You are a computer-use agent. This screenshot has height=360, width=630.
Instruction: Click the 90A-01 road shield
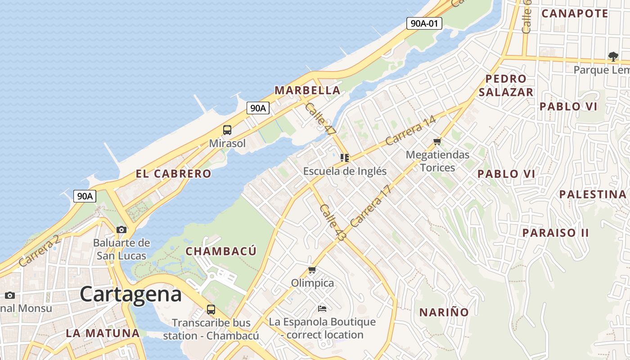pos(424,23)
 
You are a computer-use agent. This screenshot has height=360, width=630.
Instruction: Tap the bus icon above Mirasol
pos(227,130)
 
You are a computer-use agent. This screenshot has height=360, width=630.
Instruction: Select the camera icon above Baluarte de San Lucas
pos(121,229)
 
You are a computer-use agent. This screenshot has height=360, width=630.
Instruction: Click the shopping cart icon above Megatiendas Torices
pos(437,142)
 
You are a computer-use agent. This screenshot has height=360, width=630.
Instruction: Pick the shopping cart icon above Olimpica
pos(312,270)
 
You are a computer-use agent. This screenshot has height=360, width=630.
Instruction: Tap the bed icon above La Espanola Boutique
pos(322,308)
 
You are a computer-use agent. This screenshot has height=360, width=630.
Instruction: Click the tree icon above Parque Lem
pos(613,56)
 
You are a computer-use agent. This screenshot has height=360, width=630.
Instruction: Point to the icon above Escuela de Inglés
pos(345,158)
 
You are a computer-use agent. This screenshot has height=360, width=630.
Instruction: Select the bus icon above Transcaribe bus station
pos(211,309)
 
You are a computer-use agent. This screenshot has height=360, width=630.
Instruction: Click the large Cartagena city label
pos(131,294)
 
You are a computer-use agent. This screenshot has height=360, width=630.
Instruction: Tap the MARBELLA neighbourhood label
pos(308,90)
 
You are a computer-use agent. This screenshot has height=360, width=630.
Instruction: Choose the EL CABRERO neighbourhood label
pos(173,174)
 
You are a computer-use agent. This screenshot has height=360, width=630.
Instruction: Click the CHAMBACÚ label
pos(221,251)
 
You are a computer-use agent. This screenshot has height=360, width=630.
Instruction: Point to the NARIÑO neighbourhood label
pos(444,312)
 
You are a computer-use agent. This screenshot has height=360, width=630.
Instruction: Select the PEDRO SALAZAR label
pos(506,85)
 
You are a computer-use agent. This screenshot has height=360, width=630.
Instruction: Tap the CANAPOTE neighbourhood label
pos(575,13)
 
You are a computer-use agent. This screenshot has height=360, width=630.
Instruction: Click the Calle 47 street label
pos(320,119)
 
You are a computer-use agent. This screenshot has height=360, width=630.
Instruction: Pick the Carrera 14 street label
pos(410,131)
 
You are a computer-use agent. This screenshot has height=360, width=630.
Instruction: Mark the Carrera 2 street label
pos(40,250)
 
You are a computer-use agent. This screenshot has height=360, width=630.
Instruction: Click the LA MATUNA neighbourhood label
pos(103,333)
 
